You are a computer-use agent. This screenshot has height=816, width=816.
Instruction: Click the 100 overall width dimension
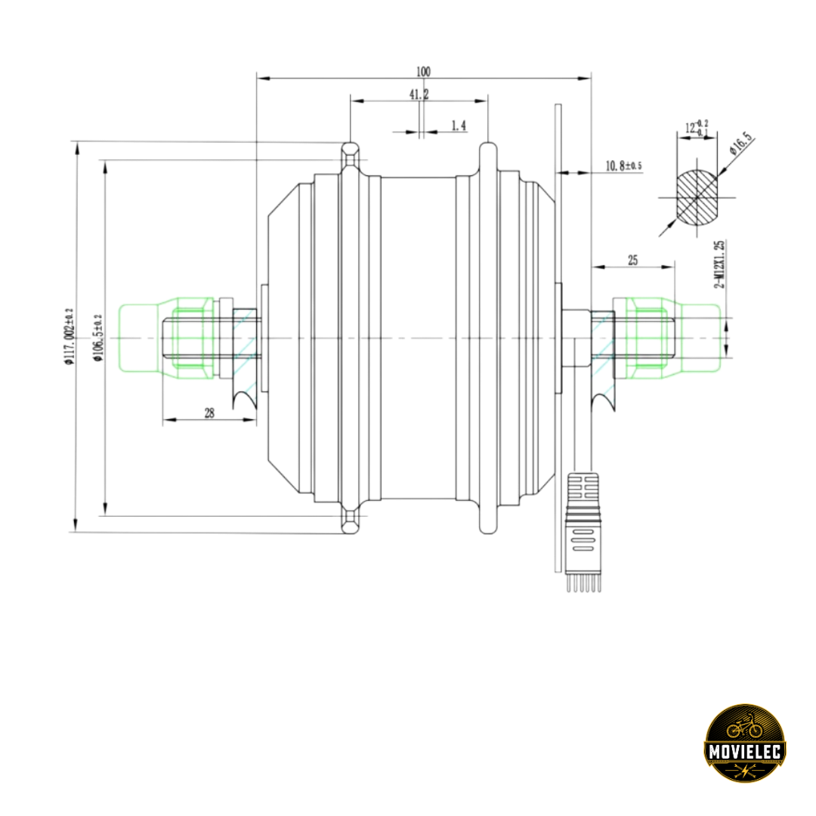click(423, 72)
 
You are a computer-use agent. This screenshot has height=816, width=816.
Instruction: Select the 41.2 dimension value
click(419, 94)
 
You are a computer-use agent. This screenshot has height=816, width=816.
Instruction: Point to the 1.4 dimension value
click(459, 126)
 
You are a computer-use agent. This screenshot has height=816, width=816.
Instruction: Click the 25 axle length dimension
click(633, 260)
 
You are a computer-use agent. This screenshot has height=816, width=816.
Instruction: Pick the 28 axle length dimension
click(209, 413)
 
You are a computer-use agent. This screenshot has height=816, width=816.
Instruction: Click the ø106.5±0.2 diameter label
click(97, 336)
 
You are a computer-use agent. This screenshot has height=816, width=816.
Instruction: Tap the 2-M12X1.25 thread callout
click(720, 264)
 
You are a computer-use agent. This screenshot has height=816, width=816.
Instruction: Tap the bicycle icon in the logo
click(743, 726)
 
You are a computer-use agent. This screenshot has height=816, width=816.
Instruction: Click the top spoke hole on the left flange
click(348, 159)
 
